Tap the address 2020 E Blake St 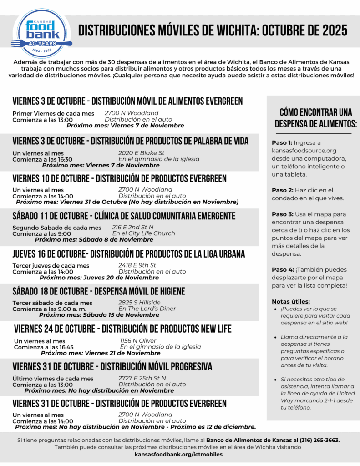coord(141,153)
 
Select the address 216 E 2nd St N coord(133,227)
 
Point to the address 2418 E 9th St coord(137,265)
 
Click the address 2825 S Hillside coord(139,303)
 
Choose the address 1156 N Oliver coord(138,341)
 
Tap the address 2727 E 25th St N coord(142,378)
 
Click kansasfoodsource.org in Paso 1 coord(304,151)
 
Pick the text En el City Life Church coord(143,233)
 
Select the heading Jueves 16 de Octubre coord(129,254)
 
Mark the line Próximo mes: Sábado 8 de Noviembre coord(94,240)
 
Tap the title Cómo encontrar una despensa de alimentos coord(315,118)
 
